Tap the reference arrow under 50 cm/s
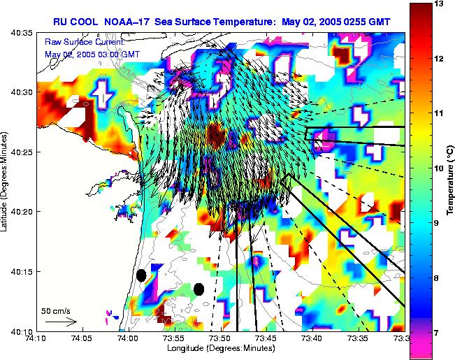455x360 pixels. [61, 322]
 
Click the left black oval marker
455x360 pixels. [141, 275]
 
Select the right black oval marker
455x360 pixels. [199, 289]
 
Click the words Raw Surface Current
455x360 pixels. [84, 43]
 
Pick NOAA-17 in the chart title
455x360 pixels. [127, 21]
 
